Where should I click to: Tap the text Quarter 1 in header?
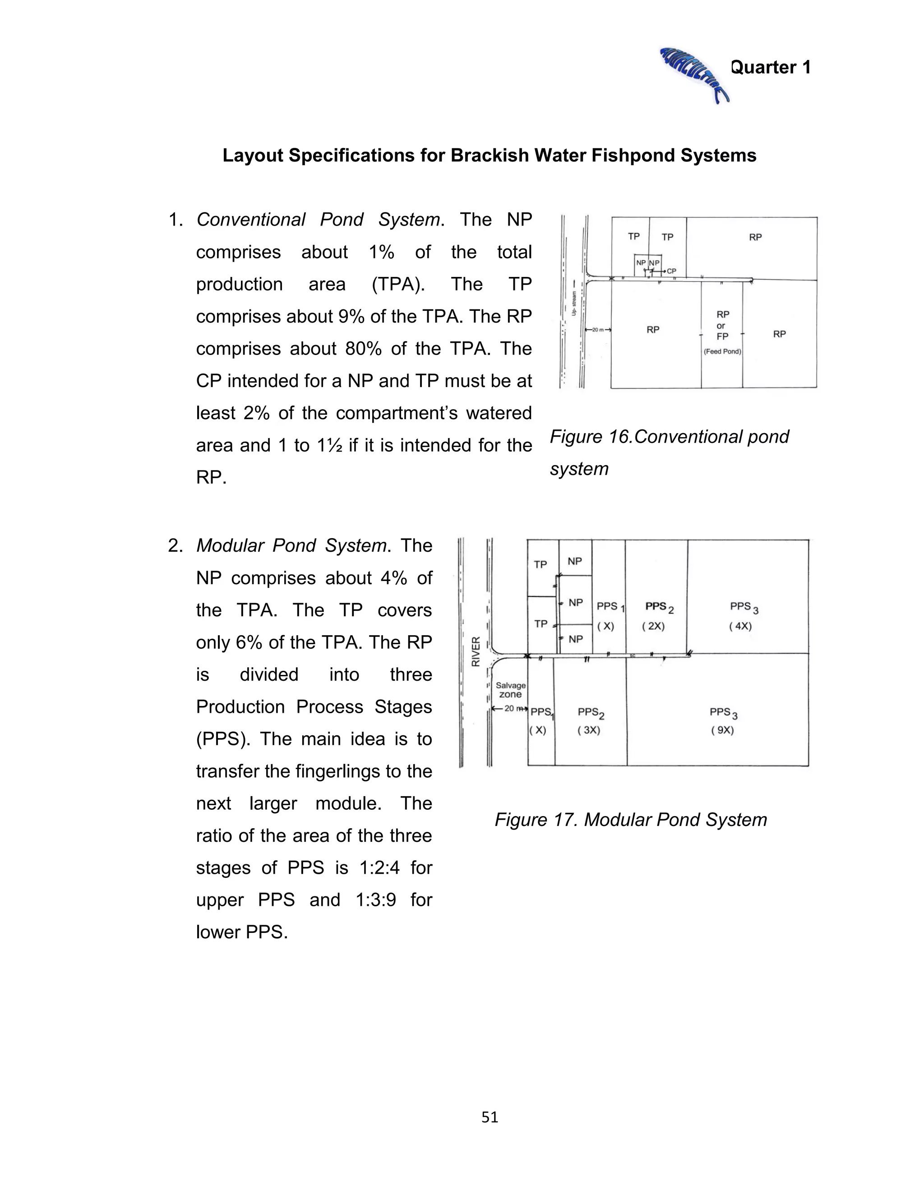770,67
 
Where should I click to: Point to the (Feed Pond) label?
722,351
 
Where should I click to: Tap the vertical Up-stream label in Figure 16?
573,304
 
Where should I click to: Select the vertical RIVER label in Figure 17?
476,651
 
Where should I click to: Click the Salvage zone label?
510,690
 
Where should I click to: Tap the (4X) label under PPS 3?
740,626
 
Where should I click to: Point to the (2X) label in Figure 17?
653,626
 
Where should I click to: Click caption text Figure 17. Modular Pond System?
630,820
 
